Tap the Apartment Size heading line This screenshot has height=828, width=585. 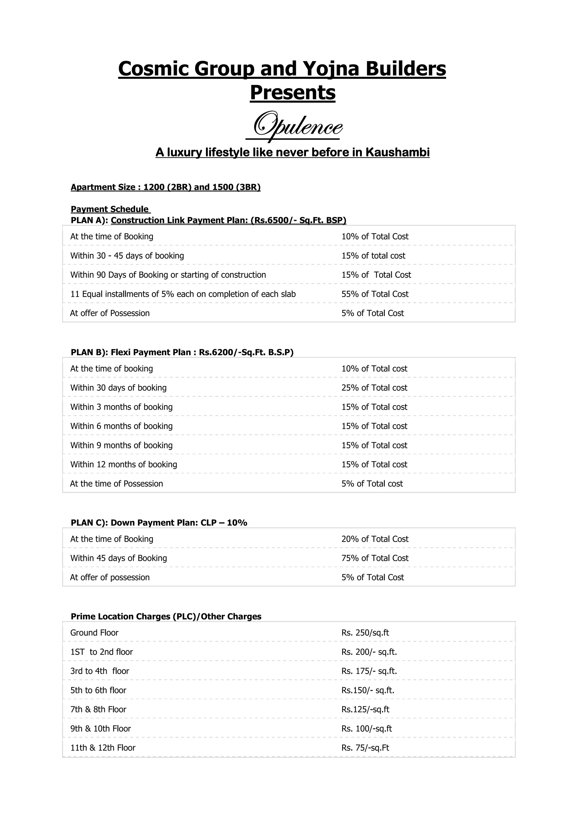(165, 187)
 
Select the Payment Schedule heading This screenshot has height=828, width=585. (110, 209)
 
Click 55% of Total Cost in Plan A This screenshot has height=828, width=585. (375, 294)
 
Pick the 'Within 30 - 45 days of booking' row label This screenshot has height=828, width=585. (127, 256)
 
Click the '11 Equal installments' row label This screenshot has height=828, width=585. (183, 294)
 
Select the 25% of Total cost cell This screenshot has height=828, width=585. (374, 388)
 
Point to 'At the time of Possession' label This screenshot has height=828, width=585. (117, 484)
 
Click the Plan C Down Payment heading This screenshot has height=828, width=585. (159, 523)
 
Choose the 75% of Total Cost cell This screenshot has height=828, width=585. (375, 558)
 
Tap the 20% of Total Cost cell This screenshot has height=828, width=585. (375, 539)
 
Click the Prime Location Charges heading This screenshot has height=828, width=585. (166, 616)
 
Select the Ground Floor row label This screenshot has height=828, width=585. (95, 633)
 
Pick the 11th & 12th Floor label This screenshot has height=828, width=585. (103, 748)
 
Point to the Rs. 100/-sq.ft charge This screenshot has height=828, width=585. (366, 729)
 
